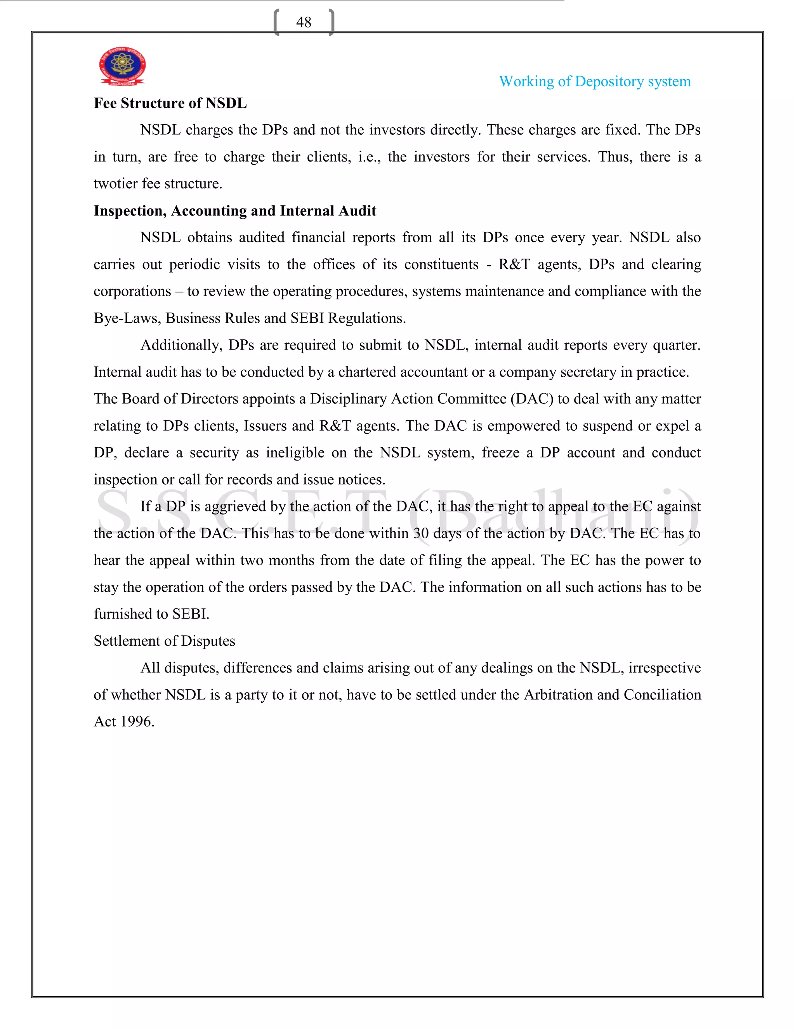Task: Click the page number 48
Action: tap(304, 22)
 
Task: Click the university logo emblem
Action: tap(122, 66)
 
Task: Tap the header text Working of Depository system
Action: tap(595, 82)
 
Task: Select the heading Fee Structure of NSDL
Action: tap(170, 103)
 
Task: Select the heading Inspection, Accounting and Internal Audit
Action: tap(234, 210)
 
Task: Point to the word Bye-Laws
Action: tap(127, 318)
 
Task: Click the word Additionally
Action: tap(181, 345)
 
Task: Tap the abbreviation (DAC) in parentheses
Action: tap(532, 399)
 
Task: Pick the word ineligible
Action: tap(295, 453)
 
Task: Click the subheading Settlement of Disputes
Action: tap(164, 641)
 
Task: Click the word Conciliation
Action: tap(662, 695)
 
